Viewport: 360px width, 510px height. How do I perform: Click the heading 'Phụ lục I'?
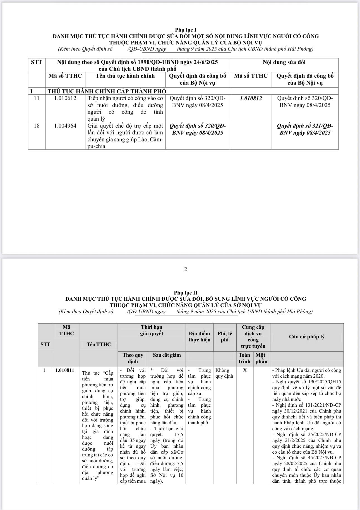click(x=186, y=30)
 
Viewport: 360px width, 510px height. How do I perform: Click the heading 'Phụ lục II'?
click(x=186, y=293)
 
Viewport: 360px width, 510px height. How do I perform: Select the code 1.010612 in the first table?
click(x=65, y=98)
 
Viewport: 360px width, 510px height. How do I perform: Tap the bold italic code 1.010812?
click(x=251, y=98)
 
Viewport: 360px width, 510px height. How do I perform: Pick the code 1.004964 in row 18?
click(x=65, y=126)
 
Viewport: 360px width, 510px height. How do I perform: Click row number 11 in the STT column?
click(x=37, y=98)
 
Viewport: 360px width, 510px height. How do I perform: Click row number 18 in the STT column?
click(x=37, y=126)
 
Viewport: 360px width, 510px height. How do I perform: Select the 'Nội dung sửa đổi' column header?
click(x=284, y=62)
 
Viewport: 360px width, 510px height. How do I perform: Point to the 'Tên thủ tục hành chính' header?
click(x=125, y=76)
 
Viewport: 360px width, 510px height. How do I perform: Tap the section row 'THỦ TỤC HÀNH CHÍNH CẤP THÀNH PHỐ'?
click(x=107, y=91)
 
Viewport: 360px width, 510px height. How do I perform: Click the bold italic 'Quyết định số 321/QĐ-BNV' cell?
click(x=305, y=129)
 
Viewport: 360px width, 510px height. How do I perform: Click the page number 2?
click(x=186, y=269)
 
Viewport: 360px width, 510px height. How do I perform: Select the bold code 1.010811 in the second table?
click(x=65, y=370)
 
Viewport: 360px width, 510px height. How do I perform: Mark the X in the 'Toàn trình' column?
click(x=245, y=370)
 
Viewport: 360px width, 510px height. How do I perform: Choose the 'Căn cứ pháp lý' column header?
click(x=307, y=336)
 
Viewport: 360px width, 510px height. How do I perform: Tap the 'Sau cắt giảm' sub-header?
click(x=167, y=355)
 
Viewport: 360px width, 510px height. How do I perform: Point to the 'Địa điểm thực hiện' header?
click(x=199, y=336)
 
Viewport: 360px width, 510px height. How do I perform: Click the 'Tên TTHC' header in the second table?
click(x=99, y=344)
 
